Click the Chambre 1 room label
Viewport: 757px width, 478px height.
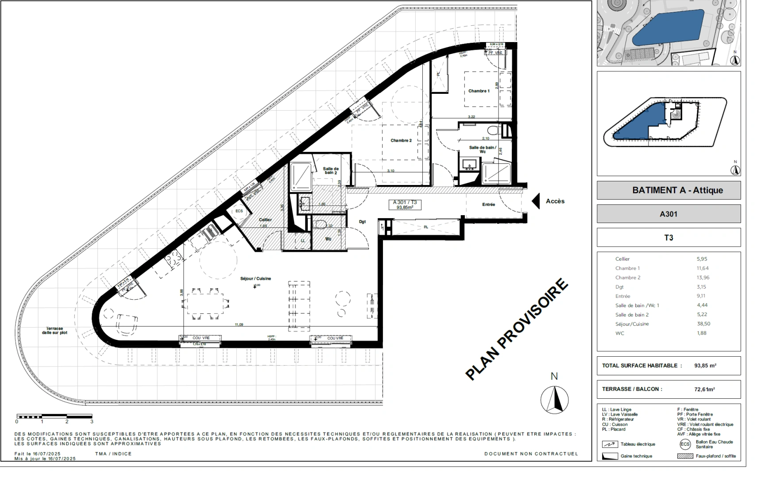[479, 91]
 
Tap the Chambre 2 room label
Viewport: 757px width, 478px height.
[401, 141]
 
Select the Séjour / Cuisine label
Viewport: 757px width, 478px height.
[255, 279]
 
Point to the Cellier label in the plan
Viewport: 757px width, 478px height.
[265, 220]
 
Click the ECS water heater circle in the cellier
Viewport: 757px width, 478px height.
[239, 211]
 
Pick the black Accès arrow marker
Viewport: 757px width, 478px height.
[536, 201]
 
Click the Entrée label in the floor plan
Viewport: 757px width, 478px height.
[489, 204]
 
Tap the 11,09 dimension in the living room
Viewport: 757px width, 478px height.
[239, 325]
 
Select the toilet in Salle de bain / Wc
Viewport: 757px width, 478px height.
[491, 130]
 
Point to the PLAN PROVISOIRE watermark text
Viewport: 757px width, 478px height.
[517, 329]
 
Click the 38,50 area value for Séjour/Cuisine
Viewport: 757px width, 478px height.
[703, 324]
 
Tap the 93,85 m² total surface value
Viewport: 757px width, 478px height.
[705, 366]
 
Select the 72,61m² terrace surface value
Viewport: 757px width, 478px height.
[704, 389]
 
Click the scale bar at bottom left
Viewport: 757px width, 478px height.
[54, 416]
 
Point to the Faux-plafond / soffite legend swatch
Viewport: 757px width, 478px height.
[685, 456]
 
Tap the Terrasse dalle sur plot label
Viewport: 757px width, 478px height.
[54, 331]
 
